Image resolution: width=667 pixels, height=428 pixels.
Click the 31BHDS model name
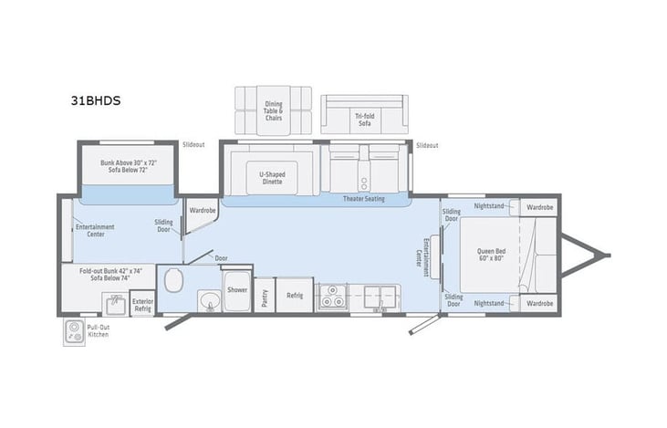[x=95, y=101]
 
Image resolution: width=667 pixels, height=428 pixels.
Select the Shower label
[x=237, y=290]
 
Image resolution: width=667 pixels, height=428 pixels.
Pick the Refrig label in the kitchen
[x=295, y=295]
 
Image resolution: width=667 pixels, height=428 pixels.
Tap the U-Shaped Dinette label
[x=272, y=178]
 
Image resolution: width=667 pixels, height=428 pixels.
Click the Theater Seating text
[x=363, y=199]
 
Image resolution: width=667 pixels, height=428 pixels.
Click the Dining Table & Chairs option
[x=273, y=110]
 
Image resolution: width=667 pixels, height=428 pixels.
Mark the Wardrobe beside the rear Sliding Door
[x=202, y=210]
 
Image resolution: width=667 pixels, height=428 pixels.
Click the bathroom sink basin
[x=209, y=300]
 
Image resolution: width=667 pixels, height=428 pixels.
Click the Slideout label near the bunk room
[x=193, y=144]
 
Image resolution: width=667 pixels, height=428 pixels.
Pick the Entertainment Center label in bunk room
[x=95, y=230]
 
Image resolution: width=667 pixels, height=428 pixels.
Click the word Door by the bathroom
[x=222, y=258]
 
